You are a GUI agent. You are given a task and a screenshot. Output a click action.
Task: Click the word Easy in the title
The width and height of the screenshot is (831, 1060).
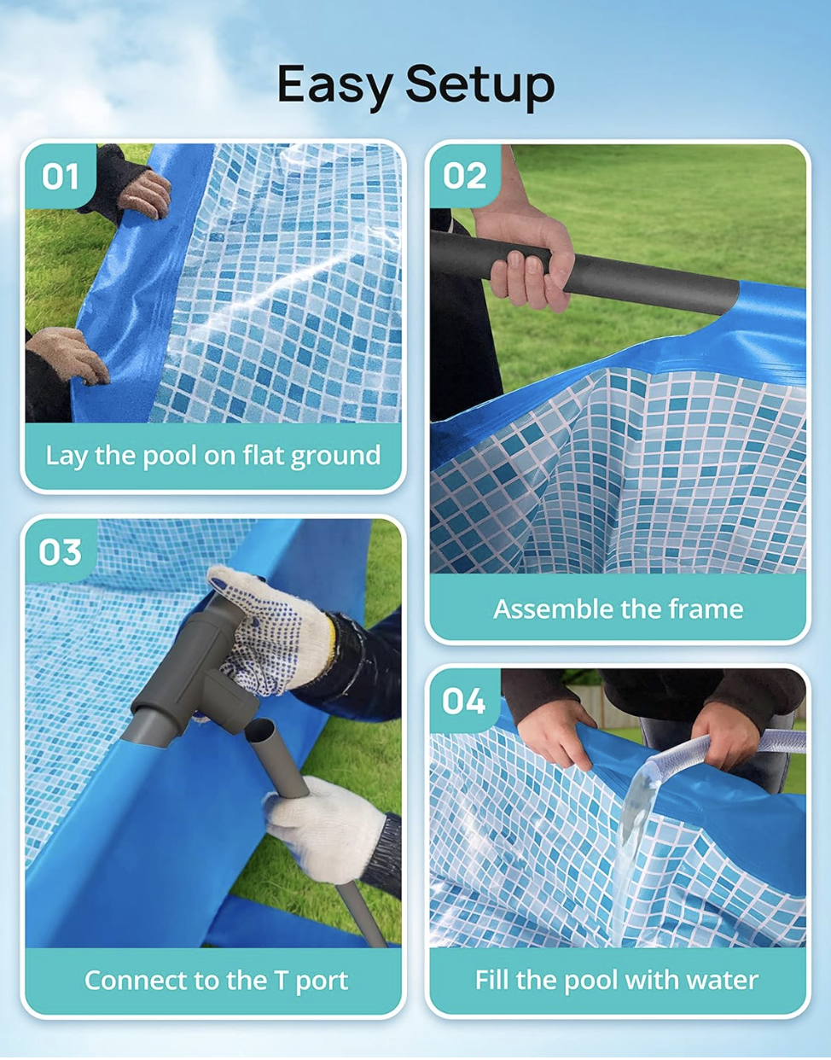click(334, 85)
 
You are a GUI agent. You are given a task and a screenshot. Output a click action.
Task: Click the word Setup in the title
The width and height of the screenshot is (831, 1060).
click(479, 85)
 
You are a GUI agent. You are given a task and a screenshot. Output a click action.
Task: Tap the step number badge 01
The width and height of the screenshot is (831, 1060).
click(60, 177)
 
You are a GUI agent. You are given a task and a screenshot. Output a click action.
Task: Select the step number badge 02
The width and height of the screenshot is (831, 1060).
click(464, 176)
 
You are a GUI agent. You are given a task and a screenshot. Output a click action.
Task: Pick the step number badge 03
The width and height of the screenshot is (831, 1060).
click(60, 552)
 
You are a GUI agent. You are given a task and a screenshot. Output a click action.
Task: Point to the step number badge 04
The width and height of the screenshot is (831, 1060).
click(464, 702)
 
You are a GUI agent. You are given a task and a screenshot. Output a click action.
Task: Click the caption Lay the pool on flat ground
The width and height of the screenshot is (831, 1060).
click(213, 456)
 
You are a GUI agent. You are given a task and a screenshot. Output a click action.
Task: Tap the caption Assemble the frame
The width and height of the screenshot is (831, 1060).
click(618, 609)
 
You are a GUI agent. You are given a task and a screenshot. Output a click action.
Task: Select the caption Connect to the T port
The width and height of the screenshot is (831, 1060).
click(216, 981)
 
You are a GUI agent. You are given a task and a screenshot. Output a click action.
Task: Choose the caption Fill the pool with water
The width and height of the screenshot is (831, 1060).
click(616, 980)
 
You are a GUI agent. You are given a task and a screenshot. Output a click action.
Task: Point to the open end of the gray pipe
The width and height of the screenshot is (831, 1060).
click(261, 731)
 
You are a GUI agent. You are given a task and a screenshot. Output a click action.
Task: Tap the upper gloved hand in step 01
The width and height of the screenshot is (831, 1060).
click(145, 192)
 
